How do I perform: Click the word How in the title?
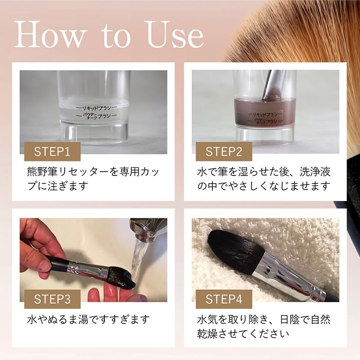(x=49, y=35)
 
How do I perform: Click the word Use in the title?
(x=174, y=35)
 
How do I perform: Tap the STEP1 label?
(x=52, y=152)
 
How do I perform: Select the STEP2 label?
(x=224, y=152)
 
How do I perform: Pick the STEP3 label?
(x=52, y=299)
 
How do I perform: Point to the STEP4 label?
(x=224, y=299)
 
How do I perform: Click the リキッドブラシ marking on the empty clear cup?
(x=97, y=108)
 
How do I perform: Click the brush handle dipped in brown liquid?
(x=273, y=85)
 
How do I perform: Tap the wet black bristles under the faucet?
(x=121, y=277)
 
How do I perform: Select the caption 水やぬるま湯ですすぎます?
(x=88, y=319)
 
